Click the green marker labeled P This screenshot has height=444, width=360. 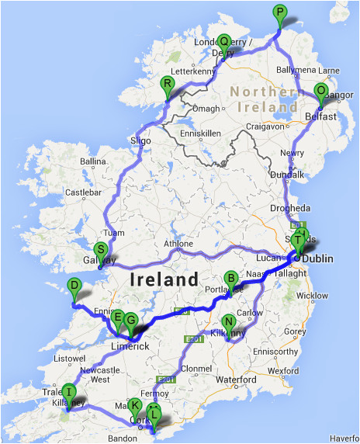tap(279, 12)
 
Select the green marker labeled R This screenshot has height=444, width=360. tap(167, 84)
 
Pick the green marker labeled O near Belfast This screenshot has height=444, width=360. tap(321, 91)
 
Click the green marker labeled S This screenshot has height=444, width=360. tap(100, 250)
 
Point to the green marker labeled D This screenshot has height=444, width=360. tap(74, 286)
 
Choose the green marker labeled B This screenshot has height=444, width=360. tap(230, 279)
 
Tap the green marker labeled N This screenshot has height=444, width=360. tap(228, 322)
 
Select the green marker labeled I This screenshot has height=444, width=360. tap(69, 391)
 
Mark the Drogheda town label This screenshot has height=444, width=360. tap(291, 209)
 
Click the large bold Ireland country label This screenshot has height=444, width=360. tap(165, 278)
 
